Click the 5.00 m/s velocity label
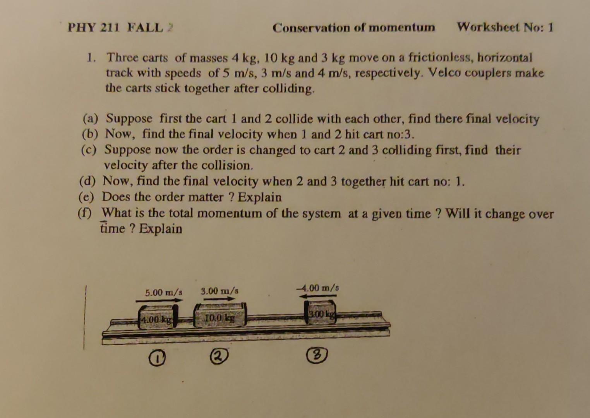coord(163,292)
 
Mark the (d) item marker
coord(87,182)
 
